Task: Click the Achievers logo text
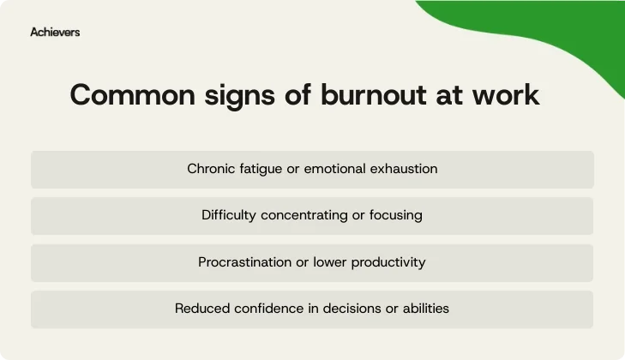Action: [55, 32]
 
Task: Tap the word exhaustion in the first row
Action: [403, 169]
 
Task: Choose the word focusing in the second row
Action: [396, 215]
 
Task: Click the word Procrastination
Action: [244, 262]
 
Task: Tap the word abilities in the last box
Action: [424, 309]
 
